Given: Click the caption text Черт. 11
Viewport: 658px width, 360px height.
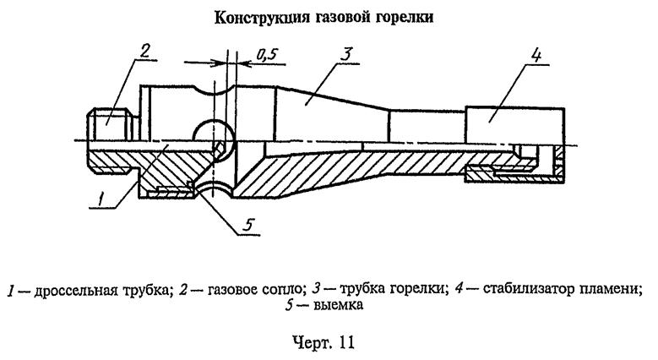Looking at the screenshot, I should [x=329, y=346].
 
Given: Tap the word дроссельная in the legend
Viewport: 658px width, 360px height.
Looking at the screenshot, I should [x=76, y=292].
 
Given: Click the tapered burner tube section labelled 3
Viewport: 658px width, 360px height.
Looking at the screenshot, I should [x=329, y=110].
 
